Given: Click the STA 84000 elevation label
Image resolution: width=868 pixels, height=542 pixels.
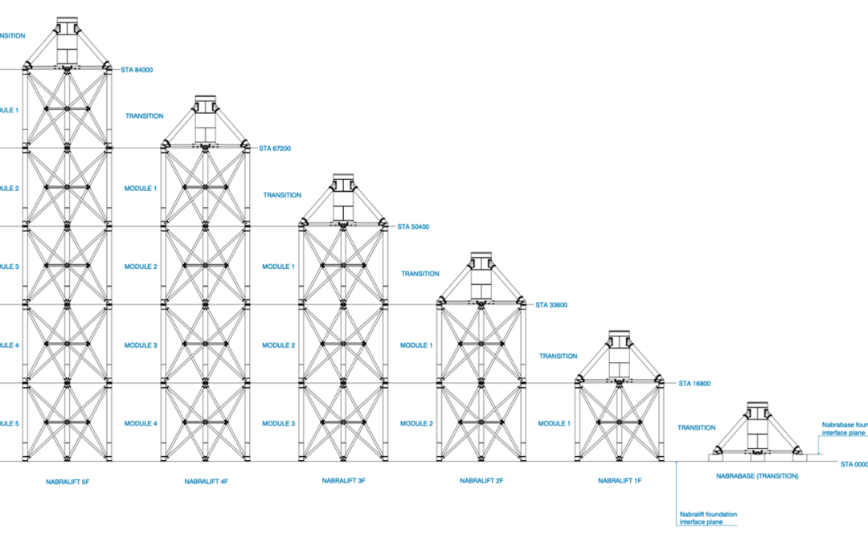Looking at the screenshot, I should coord(137,70).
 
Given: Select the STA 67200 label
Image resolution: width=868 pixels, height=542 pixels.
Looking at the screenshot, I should coord(275,149).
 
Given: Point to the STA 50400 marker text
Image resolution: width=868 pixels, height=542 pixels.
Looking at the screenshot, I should coord(413,226).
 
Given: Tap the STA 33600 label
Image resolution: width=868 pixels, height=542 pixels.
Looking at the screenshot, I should coord(551,305).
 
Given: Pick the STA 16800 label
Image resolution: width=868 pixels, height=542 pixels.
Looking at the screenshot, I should coord(695,384).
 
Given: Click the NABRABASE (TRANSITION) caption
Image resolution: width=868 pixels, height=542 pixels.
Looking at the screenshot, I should coord(757,476).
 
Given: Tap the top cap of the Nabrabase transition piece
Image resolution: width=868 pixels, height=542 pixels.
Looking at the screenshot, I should coord(757,406).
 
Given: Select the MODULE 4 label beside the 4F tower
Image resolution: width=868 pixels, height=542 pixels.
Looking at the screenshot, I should coord(141,423).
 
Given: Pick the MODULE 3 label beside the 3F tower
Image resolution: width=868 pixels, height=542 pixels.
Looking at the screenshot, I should coord(279,423).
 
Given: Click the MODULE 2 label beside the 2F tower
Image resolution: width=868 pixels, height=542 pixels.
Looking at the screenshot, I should coord(416,423).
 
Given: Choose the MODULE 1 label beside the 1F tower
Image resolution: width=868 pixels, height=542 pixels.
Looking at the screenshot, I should coord(554,423).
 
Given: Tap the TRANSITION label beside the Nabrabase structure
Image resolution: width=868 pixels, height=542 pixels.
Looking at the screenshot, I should coord(696,428).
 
